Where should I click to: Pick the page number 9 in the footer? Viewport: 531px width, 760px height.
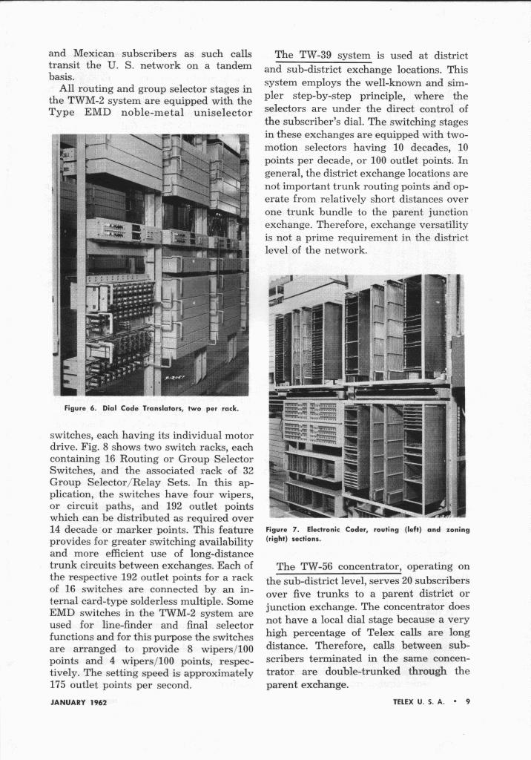pos(468,704)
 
